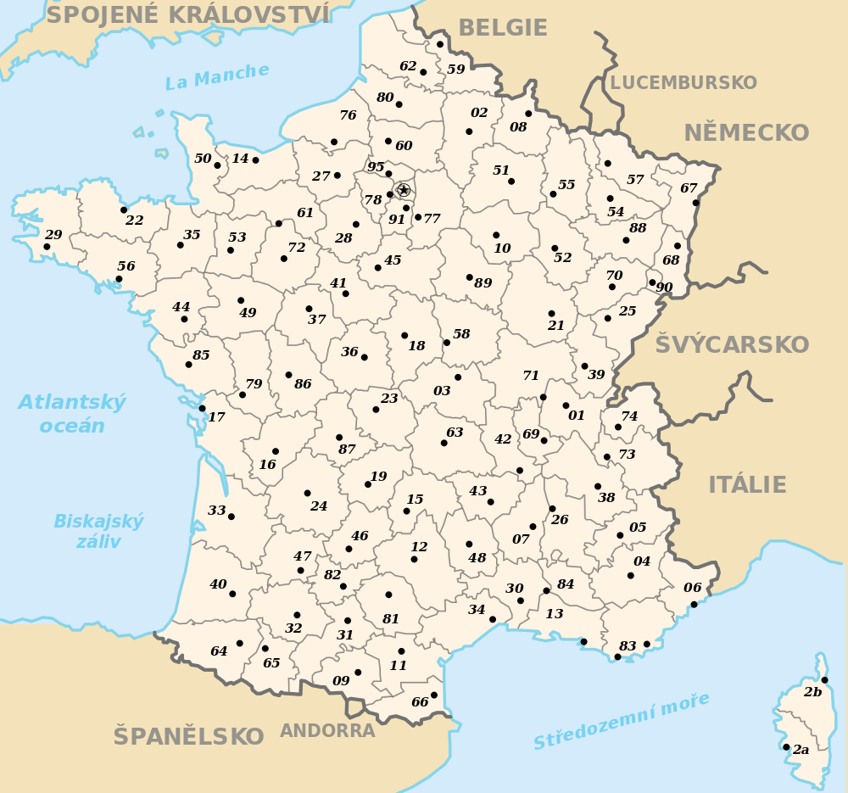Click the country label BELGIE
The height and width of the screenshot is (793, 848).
503,28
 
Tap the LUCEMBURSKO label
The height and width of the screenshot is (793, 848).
683,83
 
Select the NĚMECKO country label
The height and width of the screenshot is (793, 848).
746,133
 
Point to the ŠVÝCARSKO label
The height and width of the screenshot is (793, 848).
732,345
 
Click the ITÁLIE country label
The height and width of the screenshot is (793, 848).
748,485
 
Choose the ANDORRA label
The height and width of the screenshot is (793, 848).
327,731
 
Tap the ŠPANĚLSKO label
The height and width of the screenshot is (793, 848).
188,737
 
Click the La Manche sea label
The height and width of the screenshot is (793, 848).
217,76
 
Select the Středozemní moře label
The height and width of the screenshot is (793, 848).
621,721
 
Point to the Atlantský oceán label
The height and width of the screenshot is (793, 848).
72,414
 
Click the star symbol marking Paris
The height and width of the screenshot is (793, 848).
404,191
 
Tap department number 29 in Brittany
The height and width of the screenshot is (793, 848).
53,235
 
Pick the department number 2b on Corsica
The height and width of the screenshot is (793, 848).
812,692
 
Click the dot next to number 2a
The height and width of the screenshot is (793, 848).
786,747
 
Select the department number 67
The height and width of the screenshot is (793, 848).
689,188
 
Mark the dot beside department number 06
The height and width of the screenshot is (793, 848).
694,604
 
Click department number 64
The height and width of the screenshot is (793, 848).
219,651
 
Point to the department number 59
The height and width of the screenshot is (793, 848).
456,70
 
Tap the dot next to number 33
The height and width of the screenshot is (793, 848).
232,517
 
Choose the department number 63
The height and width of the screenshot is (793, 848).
455,433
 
